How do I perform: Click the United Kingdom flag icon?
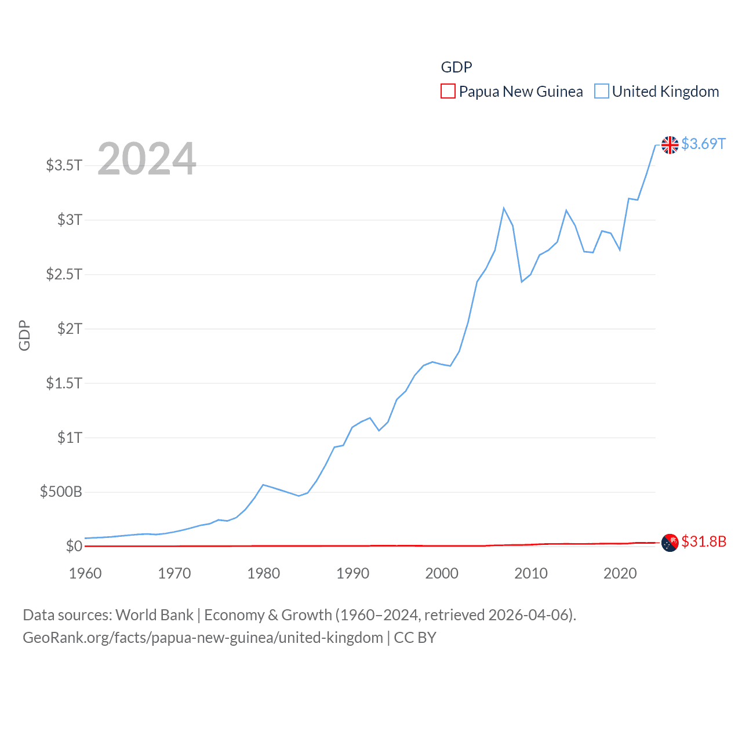(x=670, y=145)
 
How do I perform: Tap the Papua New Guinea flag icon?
(x=670, y=543)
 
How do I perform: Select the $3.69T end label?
(x=703, y=144)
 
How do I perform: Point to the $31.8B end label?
(x=704, y=541)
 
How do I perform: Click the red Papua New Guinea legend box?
(x=448, y=92)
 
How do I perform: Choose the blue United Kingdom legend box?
(x=602, y=92)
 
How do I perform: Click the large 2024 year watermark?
(x=147, y=158)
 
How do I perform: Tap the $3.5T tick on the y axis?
(x=64, y=165)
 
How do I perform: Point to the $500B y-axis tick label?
(x=61, y=492)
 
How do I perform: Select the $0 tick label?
(x=74, y=546)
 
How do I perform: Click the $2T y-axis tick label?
(x=70, y=329)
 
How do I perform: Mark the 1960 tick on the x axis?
(x=85, y=573)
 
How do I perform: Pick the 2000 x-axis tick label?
(x=442, y=573)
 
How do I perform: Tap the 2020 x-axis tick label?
(x=620, y=573)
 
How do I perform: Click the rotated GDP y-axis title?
(x=24, y=335)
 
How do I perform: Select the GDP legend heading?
(x=456, y=67)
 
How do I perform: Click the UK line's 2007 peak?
(x=504, y=208)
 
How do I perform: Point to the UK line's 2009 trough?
(x=522, y=282)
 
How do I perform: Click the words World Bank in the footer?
(x=154, y=615)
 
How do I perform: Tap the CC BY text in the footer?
(x=415, y=638)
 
